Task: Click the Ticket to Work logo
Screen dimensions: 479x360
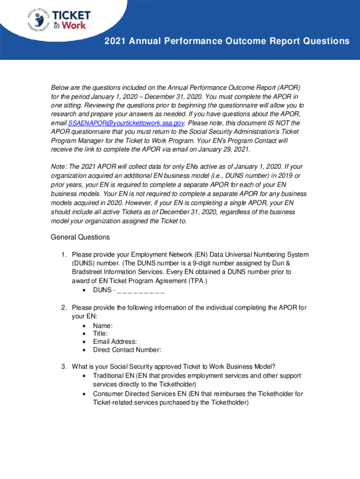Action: [x=71, y=20]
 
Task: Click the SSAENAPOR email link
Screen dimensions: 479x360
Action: [x=126, y=123]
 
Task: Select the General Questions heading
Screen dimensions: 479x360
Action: [x=80, y=237]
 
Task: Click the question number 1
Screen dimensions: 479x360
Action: [x=63, y=254]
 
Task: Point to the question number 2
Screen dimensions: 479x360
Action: [x=63, y=307]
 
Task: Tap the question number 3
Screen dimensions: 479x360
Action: [x=63, y=366]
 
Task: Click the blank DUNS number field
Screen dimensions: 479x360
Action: [x=140, y=290]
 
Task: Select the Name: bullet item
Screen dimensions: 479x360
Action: [x=103, y=326]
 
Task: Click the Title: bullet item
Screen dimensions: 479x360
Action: [x=100, y=334]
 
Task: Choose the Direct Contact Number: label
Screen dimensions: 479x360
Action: [x=127, y=349]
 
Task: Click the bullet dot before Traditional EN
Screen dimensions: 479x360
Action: [x=83, y=376]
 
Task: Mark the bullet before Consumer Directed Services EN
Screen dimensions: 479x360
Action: [x=83, y=394]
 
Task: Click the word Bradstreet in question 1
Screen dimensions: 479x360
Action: [x=88, y=272]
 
